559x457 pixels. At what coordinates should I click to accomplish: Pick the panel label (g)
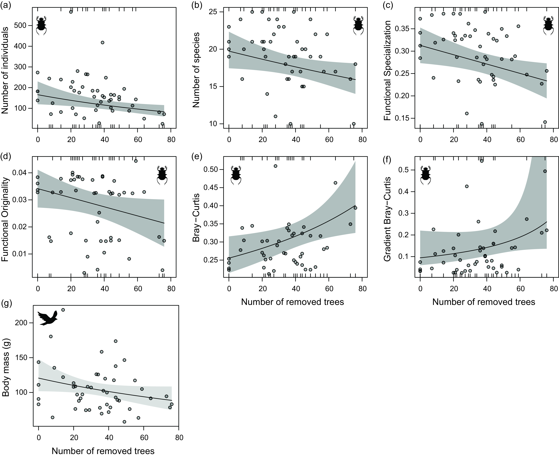6,304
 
